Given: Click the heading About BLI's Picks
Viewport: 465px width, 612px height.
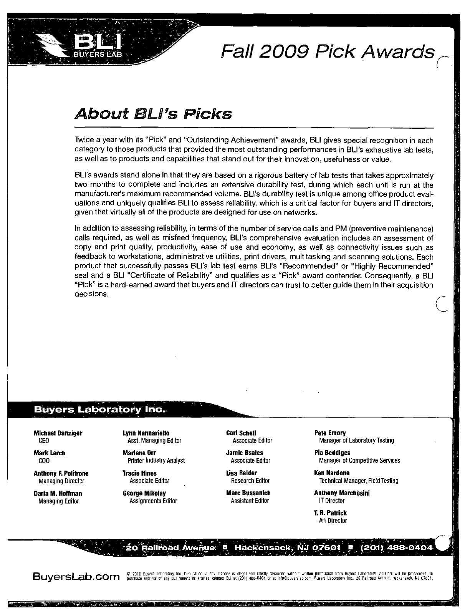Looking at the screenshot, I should [x=154, y=114].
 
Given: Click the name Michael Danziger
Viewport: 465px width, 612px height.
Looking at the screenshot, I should [x=58, y=433].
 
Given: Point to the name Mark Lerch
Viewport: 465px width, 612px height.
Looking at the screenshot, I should [x=50, y=453].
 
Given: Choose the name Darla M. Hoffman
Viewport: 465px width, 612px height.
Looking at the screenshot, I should [x=58, y=493].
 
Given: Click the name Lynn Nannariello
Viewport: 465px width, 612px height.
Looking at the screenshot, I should [x=146, y=433].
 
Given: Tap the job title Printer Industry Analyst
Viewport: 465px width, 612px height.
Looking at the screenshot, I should [x=156, y=460].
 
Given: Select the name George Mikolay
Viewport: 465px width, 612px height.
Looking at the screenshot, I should [x=144, y=493].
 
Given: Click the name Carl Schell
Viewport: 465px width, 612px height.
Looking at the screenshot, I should [x=241, y=433].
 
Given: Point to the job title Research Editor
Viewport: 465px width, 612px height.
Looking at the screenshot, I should [x=250, y=481].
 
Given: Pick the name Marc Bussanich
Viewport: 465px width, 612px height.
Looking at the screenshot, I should [x=248, y=493].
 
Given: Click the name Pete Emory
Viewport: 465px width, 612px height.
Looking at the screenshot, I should [x=330, y=433].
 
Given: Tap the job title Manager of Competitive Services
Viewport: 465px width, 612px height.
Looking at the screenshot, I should [x=359, y=460].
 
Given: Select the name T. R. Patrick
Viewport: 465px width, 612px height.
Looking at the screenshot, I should [x=330, y=513].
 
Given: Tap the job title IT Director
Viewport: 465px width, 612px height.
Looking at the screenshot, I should [x=332, y=501].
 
